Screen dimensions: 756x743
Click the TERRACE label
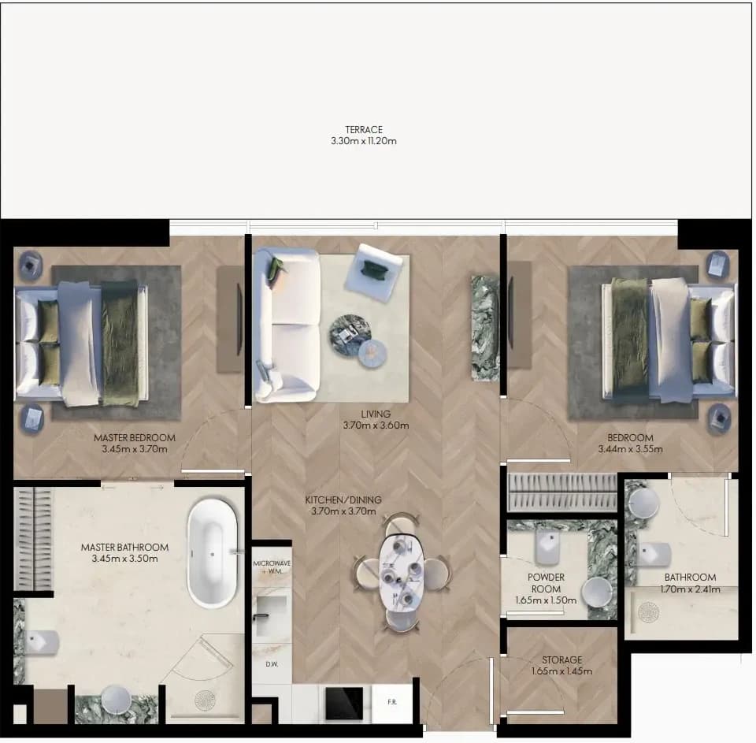[x=364, y=130]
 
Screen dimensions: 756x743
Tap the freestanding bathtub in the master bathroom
[x=212, y=553]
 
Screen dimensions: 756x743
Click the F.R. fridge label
[x=392, y=702]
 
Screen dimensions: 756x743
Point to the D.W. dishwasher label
[x=272, y=664]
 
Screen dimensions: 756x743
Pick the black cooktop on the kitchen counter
[x=344, y=703]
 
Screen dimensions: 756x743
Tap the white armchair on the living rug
[x=373, y=272]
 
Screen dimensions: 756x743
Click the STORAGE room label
[x=561, y=659]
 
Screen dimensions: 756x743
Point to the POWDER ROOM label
[x=546, y=583]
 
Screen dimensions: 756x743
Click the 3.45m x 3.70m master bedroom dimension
[x=135, y=449]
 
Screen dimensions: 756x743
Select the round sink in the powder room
[x=596, y=593]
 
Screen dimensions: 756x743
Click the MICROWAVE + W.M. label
[x=272, y=567]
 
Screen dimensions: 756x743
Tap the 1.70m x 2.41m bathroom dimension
[x=690, y=589]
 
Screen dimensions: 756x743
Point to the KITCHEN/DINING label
[x=343, y=500]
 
